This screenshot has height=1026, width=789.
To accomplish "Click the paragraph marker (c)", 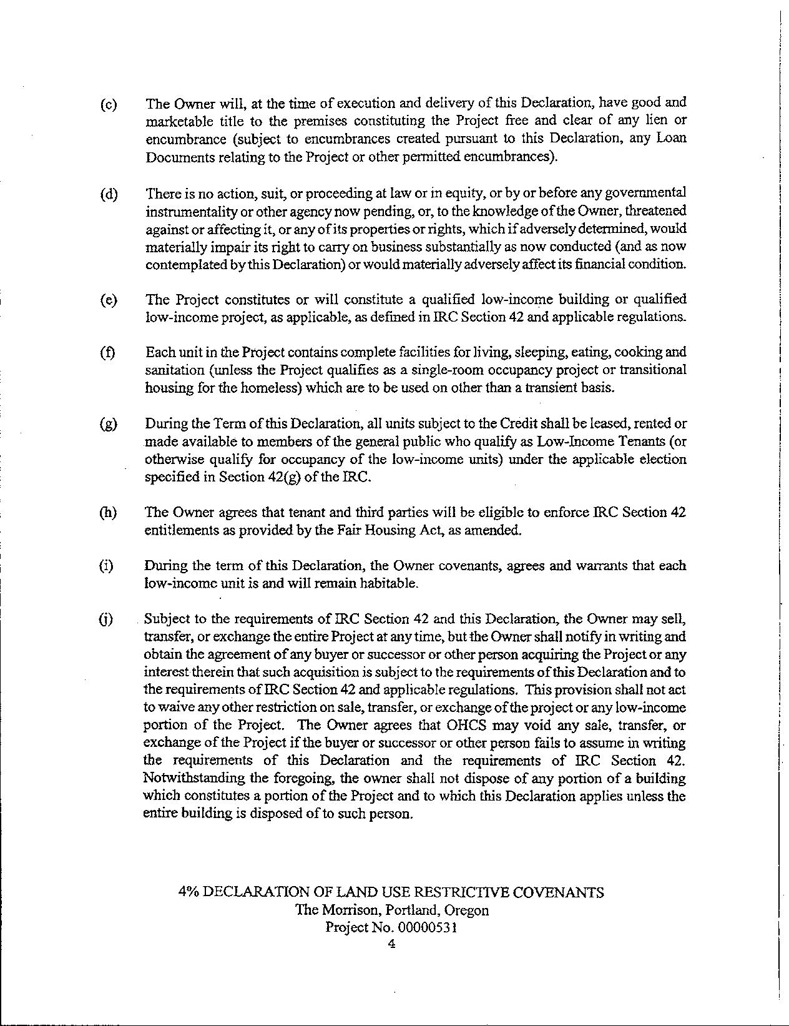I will click(108, 104).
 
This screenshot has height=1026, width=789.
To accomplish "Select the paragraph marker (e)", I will click(108, 300).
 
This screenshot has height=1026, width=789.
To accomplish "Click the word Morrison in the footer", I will click(350, 910).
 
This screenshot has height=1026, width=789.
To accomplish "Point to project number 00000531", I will click(431, 927).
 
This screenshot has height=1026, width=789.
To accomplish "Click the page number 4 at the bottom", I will click(391, 945).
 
